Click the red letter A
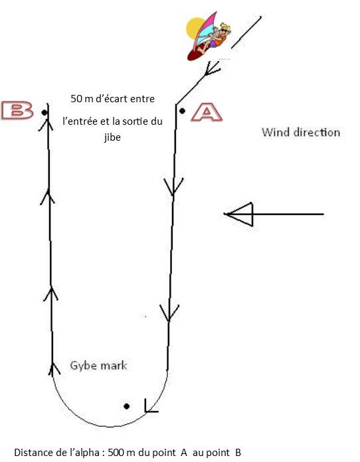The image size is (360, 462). (207, 112)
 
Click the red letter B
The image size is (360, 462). (17, 110)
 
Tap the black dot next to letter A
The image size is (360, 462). (182, 111)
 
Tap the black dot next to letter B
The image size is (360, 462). (45, 112)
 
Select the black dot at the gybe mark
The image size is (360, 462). (126, 406)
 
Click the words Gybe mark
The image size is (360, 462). (98, 366)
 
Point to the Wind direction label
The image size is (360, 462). (301, 132)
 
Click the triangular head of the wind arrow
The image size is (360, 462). (239, 214)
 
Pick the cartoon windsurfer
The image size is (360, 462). (209, 36)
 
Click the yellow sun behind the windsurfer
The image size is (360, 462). (195, 29)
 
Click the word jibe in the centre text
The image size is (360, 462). (112, 137)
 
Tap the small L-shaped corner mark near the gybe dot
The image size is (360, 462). (151, 406)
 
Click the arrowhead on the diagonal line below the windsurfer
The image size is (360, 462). (212, 70)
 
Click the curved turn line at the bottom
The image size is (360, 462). (110, 426)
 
